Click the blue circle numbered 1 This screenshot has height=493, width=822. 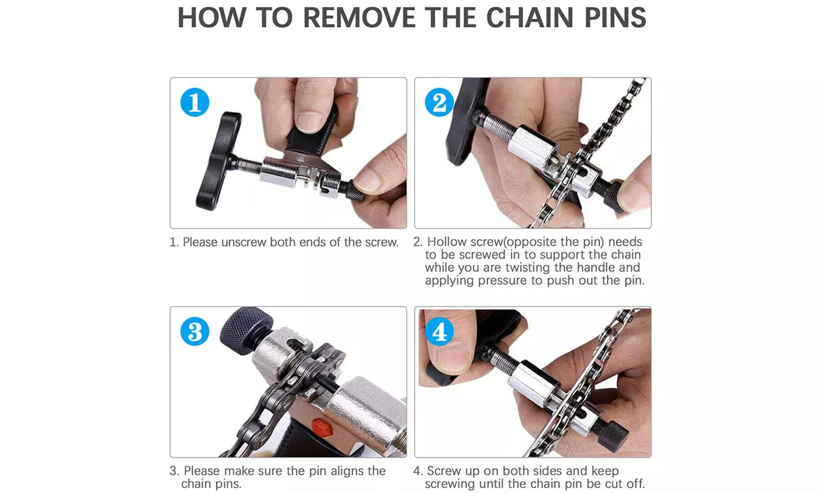(195, 102)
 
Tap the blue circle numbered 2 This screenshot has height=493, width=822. (439, 102)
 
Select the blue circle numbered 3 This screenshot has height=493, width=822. (195, 331)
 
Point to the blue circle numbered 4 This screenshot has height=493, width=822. (439, 331)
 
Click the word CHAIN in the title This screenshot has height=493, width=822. (530, 17)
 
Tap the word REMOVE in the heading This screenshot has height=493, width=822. (359, 17)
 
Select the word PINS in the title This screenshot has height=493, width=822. (615, 17)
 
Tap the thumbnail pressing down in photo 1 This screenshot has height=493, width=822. (309, 122)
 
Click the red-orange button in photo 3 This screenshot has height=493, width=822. (322, 428)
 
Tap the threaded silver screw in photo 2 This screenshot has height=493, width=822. (500, 127)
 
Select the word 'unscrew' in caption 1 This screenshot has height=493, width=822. (244, 242)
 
